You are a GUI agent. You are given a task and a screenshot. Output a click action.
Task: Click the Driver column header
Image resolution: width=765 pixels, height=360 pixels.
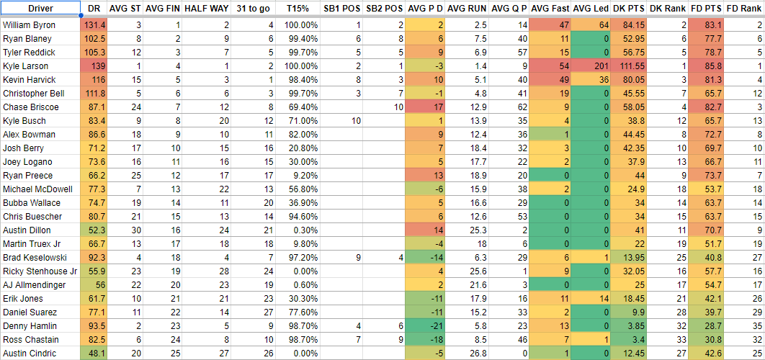40,8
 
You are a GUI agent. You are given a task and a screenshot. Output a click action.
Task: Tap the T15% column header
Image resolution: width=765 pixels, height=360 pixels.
297,8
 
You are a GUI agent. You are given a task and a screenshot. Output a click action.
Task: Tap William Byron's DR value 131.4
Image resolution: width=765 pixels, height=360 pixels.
94,24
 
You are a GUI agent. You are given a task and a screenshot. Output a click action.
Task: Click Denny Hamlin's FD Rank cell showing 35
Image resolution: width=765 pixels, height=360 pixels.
756,325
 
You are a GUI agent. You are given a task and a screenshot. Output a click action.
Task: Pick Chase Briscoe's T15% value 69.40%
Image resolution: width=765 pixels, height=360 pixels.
303,107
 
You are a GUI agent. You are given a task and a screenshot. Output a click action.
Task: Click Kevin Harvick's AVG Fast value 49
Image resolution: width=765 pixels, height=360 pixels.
563,79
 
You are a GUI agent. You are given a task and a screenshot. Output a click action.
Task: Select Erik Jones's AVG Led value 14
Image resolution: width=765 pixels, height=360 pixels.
603,298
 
